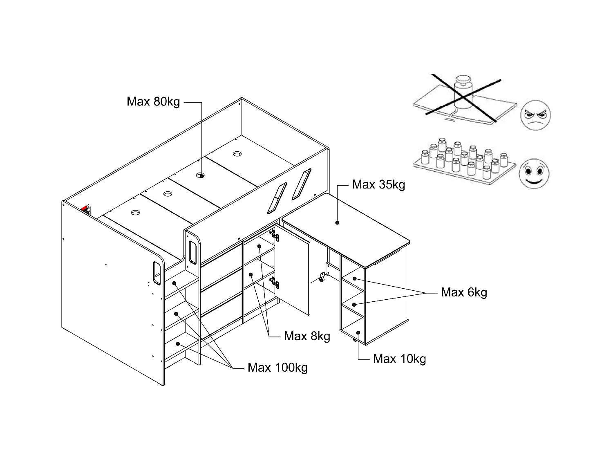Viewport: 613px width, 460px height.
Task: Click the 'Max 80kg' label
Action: [x=153, y=101]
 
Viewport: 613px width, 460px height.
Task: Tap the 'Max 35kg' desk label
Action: [x=378, y=184]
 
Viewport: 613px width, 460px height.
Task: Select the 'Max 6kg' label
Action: [x=464, y=292]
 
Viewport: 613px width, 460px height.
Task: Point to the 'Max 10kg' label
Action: [x=399, y=359]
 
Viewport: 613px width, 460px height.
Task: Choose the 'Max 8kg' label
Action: [x=307, y=336]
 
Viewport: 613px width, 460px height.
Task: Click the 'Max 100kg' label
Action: [x=277, y=367]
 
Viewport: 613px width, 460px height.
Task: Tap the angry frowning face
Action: [x=535, y=115]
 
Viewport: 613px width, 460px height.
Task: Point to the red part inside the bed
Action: [x=85, y=208]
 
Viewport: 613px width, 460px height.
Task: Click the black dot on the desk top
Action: [x=337, y=223]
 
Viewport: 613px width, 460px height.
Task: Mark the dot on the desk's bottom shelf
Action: [x=358, y=332]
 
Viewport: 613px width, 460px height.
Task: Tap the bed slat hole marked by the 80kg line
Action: [x=200, y=175]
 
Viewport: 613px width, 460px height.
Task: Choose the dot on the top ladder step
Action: [x=174, y=283]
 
